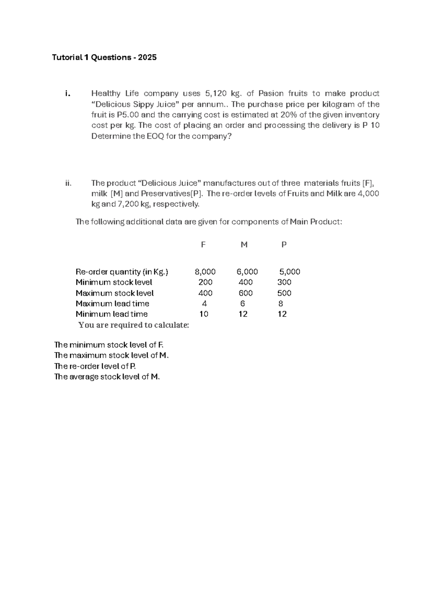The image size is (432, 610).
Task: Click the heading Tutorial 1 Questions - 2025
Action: pyautogui.click(x=104, y=58)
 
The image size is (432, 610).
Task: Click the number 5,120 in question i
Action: pyautogui.click(x=216, y=94)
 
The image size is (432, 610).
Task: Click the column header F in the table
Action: pyautogui.click(x=203, y=245)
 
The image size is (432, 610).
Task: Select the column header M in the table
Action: pyautogui.click(x=244, y=245)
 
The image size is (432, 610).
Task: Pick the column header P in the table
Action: pyautogui.click(x=284, y=245)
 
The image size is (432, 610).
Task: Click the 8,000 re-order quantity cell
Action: pyautogui.click(x=205, y=272)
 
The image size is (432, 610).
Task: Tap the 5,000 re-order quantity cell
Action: pyautogui.click(x=289, y=272)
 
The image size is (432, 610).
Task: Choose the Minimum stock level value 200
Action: pyautogui.click(x=205, y=282)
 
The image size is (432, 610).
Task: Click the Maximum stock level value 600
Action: pyautogui.click(x=246, y=293)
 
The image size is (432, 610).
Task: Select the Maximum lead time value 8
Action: pyautogui.click(x=281, y=304)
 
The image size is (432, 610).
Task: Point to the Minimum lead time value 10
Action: pyautogui.click(x=204, y=314)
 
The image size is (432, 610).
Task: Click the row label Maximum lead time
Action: pyautogui.click(x=112, y=304)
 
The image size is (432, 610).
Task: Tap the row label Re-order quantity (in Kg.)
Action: pyautogui.click(x=122, y=272)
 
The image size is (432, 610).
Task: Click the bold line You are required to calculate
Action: pyautogui.click(x=134, y=325)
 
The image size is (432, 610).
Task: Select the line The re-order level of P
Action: pyautogui.click(x=95, y=366)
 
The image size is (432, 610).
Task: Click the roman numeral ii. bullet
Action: pyautogui.click(x=68, y=183)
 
